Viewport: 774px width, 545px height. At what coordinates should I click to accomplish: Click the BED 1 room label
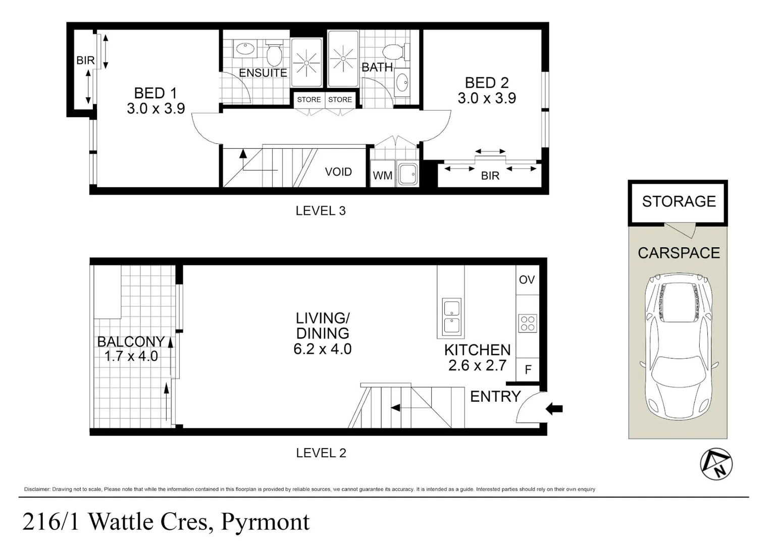156,93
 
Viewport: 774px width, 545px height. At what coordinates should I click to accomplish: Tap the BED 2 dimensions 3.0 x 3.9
487,98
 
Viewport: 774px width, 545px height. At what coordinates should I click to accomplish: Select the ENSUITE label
263,73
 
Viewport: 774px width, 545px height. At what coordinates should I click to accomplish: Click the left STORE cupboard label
308,100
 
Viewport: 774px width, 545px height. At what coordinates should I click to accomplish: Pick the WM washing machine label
382,176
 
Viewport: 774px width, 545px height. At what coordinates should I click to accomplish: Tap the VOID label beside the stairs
338,172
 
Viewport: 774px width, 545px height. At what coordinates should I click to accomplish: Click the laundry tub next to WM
407,174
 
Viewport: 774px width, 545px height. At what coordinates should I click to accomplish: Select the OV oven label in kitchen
527,280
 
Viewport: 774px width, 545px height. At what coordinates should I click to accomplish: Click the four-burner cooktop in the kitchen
528,323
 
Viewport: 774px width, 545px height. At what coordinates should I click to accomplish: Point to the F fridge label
528,370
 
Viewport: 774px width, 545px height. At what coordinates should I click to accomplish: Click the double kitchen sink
451,317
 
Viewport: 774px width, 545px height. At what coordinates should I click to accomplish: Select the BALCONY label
131,342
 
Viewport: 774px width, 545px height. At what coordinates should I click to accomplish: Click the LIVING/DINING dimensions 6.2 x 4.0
323,349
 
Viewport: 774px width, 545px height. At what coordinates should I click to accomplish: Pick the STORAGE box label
679,202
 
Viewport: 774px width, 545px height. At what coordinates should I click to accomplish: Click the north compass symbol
716,464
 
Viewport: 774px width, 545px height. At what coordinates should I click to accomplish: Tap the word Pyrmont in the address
266,522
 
